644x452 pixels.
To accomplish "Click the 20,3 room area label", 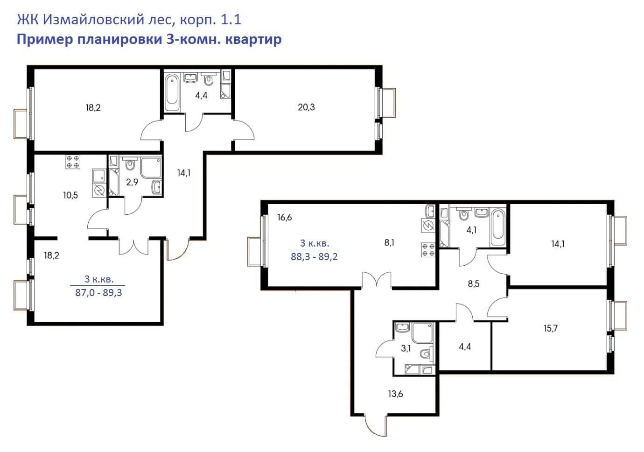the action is (x=306, y=107).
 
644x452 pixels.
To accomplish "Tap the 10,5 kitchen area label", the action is (x=70, y=195).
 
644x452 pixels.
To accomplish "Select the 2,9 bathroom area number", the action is (x=132, y=182).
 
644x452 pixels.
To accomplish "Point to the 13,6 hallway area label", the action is (x=395, y=394).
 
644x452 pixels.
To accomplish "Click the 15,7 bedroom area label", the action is (x=550, y=329).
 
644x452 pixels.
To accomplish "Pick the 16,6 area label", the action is (x=284, y=218).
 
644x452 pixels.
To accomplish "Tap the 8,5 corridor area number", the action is (x=473, y=284).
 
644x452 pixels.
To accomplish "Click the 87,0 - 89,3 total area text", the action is (x=98, y=293).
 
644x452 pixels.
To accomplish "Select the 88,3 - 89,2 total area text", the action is (x=314, y=256).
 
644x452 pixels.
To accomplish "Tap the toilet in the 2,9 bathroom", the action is (x=130, y=164).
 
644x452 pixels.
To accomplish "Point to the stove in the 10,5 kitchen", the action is (x=73, y=162).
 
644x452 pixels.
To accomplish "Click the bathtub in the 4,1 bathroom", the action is (x=497, y=227).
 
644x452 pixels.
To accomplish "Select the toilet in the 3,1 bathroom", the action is (x=426, y=353).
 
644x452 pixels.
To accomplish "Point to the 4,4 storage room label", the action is (x=465, y=346).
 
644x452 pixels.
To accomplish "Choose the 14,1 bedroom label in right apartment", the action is (x=558, y=244).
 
